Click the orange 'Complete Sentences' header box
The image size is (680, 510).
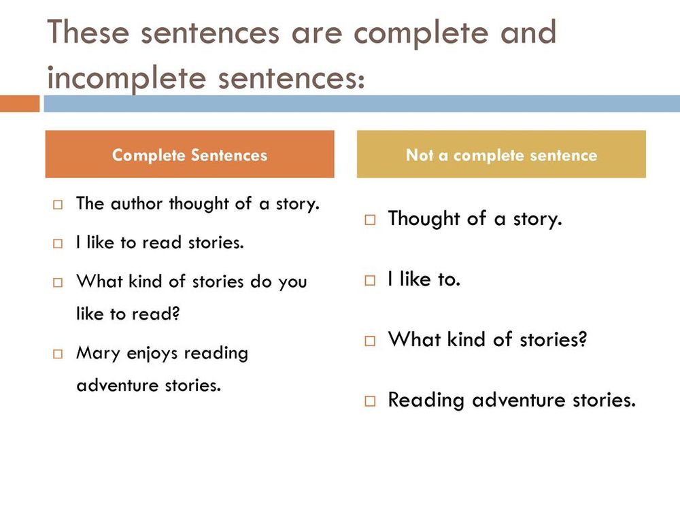(190, 154)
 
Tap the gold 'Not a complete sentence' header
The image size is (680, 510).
(501, 154)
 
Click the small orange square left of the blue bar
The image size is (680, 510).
(20, 103)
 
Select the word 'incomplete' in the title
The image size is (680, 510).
(126, 79)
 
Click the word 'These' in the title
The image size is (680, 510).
(88, 32)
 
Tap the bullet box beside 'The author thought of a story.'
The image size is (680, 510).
(58, 204)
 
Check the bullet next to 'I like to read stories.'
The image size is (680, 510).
(58, 243)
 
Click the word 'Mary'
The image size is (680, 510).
(98, 354)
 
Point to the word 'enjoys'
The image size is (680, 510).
(152, 354)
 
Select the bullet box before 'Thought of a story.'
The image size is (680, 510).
(370, 220)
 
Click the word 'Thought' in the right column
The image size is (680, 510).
(424, 218)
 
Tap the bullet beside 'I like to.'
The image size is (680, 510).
(370, 280)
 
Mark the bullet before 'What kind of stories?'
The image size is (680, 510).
(370, 341)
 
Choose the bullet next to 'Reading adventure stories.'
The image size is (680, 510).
(370, 401)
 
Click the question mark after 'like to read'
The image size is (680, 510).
(175, 313)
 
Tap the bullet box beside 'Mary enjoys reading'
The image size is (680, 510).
(58, 354)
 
